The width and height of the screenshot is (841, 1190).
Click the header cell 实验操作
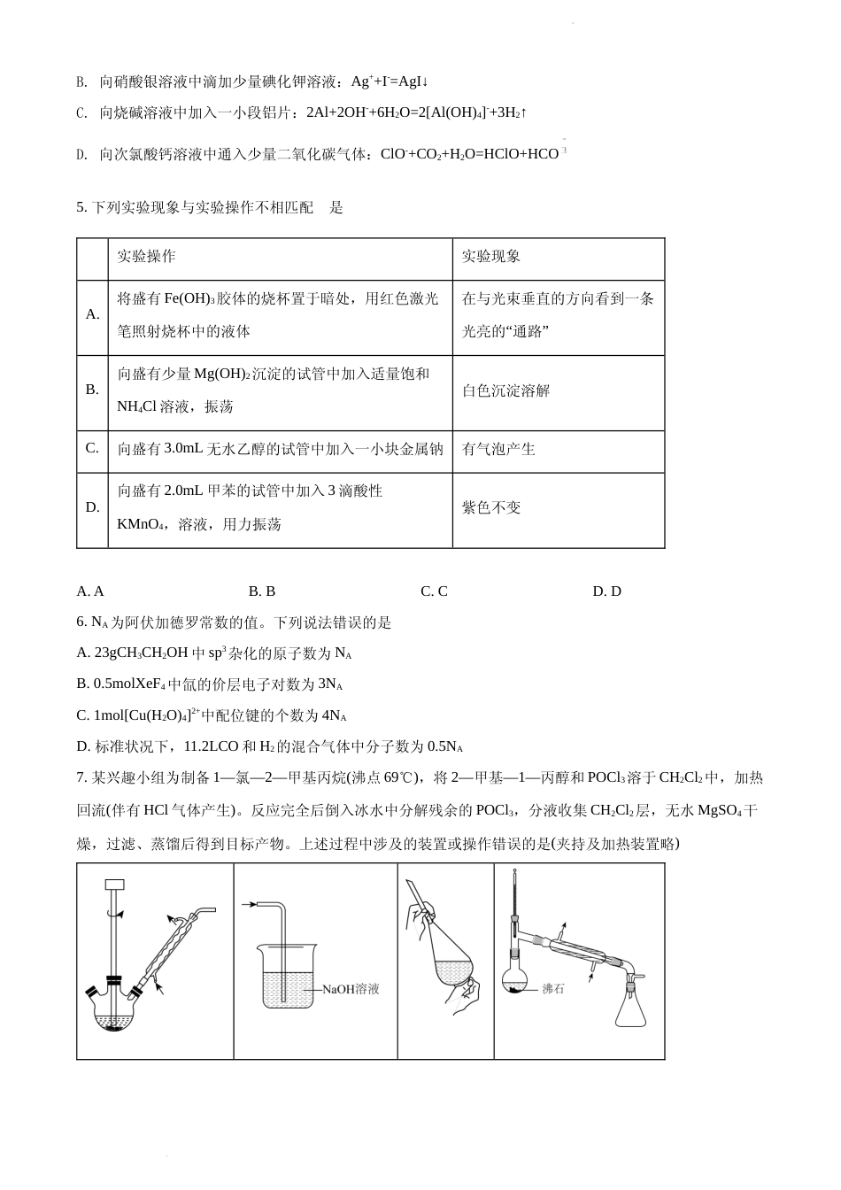tap(147, 256)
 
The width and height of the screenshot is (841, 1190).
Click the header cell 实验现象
tap(491, 256)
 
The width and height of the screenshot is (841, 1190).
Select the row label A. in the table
tap(92, 314)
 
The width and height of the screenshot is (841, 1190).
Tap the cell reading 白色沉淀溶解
tap(506, 391)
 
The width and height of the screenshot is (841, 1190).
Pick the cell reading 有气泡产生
tap(499, 449)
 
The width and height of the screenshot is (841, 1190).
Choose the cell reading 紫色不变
tap(491, 507)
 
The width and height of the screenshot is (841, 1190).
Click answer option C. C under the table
tap(434, 591)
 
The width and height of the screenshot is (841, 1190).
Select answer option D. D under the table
tap(606, 591)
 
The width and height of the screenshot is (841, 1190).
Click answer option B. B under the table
tap(262, 591)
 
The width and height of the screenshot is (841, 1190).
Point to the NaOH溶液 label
tap(351, 989)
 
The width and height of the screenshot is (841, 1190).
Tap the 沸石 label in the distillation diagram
tap(552, 988)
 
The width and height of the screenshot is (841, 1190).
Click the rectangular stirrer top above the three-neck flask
tap(114, 885)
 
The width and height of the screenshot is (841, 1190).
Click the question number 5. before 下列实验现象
tap(82, 208)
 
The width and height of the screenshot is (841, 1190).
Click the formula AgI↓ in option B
tap(413, 81)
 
